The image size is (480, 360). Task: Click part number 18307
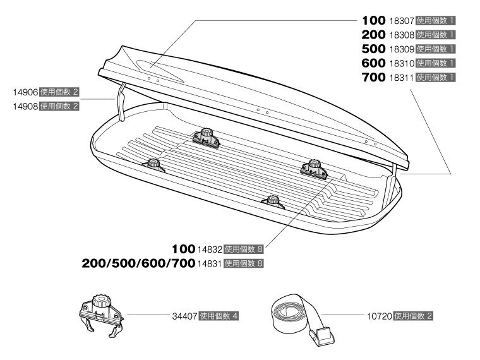(402, 21)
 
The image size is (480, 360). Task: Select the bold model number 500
(373, 49)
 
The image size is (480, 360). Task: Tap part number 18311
(402, 78)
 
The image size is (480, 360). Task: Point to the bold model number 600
(373, 63)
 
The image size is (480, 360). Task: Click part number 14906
(25, 92)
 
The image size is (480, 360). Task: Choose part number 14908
(25, 107)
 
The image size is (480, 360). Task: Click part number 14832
(210, 249)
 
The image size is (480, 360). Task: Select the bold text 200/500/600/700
(138, 263)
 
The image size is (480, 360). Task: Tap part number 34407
(184, 316)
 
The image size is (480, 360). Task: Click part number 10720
(380, 316)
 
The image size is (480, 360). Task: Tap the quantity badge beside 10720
(413, 316)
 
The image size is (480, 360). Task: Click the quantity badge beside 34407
(219, 316)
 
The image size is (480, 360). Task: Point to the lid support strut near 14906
(121, 102)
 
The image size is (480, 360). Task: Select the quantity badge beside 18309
(436, 49)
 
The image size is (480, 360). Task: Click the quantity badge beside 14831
(244, 263)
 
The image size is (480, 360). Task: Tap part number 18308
(402, 35)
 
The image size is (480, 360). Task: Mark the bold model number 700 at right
(373, 78)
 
